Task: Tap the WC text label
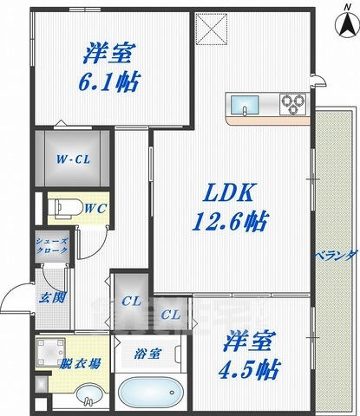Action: click(x=95, y=209)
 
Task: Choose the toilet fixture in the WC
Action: click(x=62, y=208)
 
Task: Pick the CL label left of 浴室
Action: click(x=131, y=301)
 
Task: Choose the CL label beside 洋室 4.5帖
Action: click(x=171, y=314)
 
